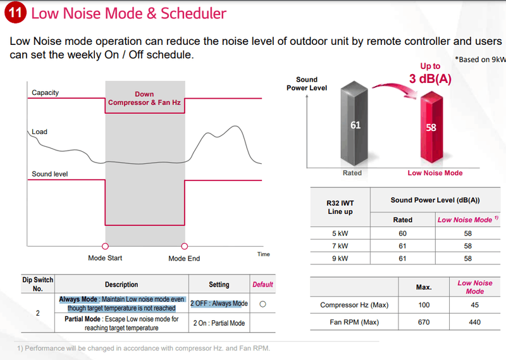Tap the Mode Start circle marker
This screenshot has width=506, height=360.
tap(105, 246)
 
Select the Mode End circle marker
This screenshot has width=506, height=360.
tap(184, 246)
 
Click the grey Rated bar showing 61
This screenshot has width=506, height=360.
tap(355, 125)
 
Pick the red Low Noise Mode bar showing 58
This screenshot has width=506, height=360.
tap(431, 127)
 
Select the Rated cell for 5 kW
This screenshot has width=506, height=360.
tap(402, 233)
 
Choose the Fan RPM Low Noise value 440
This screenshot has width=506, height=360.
tap(474, 322)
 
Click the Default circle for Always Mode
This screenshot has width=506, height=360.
tap(262, 304)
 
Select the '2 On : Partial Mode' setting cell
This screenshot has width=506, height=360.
tap(219, 323)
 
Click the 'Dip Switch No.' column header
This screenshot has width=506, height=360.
tap(38, 284)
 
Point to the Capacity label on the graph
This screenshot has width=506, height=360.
tap(46, 92)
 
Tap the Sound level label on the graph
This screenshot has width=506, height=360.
tap(50, 174)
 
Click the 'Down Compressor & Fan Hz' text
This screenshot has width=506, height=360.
tap(145, 99)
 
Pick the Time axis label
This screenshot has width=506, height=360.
tap(264, 254)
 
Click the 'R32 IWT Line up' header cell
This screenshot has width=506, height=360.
tap(340, 207)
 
